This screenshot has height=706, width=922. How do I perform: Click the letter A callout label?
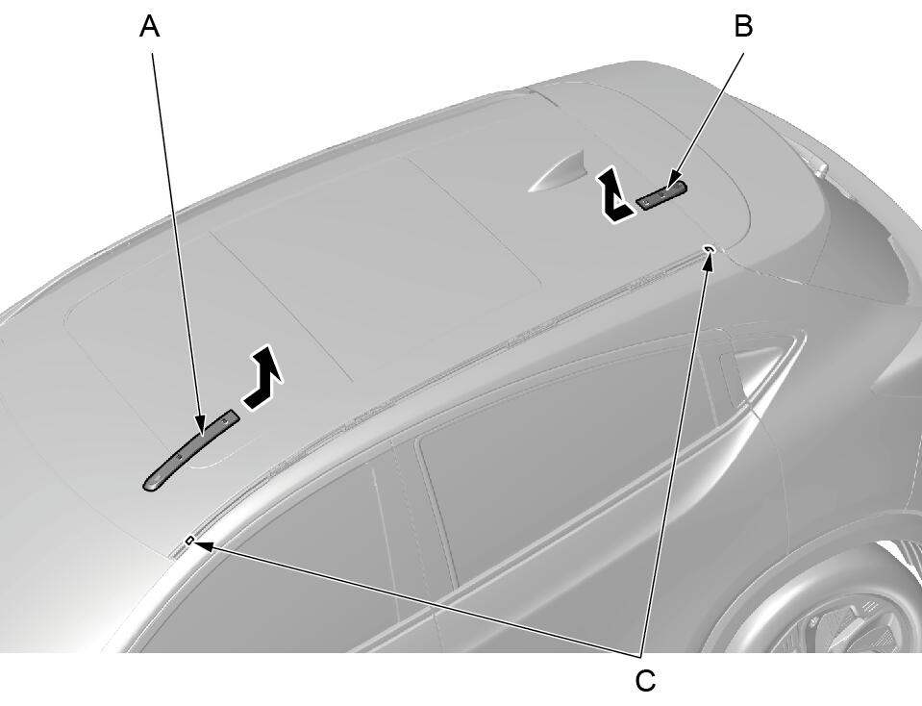click(149, 27)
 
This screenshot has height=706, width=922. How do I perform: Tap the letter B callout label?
click(744, 27)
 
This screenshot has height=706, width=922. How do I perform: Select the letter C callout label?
click(645, 681)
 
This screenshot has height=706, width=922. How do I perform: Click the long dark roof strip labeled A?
click(190, 451)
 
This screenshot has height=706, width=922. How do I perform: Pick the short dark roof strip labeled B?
click(662, 196)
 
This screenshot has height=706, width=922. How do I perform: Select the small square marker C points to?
click(190, 540)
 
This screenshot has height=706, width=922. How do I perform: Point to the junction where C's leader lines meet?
click(641, 654)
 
